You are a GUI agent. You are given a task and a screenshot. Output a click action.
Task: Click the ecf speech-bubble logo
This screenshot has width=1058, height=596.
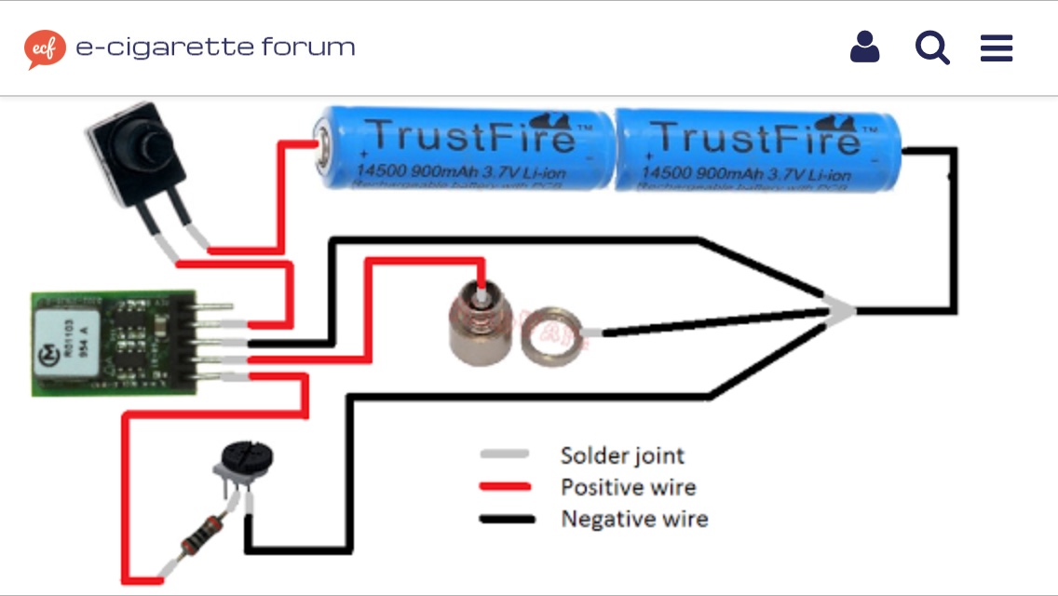click(x=45, y=49)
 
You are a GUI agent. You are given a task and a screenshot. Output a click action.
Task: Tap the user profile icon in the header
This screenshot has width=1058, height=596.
click(x=864, y=47)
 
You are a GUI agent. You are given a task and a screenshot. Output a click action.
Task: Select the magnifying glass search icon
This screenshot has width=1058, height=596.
click(x=931, y=47)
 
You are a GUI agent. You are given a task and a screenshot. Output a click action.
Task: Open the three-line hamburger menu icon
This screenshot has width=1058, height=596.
click(x=997, y=48)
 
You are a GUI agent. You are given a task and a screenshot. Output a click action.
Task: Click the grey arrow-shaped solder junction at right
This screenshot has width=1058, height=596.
click(x=839, y=312)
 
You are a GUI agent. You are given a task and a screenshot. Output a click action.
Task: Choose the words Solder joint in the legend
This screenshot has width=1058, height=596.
click(x=621, y=455)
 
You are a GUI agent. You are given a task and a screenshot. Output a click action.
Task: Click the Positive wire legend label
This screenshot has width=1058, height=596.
click(x=628, y=487)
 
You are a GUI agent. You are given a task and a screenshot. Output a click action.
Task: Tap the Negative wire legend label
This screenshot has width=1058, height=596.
click(x=634, y=519)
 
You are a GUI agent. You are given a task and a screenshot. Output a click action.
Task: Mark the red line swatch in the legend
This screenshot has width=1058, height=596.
click(x=506, y=487)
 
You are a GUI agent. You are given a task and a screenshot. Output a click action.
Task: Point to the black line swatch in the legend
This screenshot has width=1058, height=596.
click(x=506, y=519)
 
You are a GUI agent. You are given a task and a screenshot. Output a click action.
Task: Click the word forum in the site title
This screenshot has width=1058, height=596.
click(x=308, y=47)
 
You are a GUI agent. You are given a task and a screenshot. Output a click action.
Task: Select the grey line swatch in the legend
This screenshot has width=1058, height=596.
click(x=506, y=454)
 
